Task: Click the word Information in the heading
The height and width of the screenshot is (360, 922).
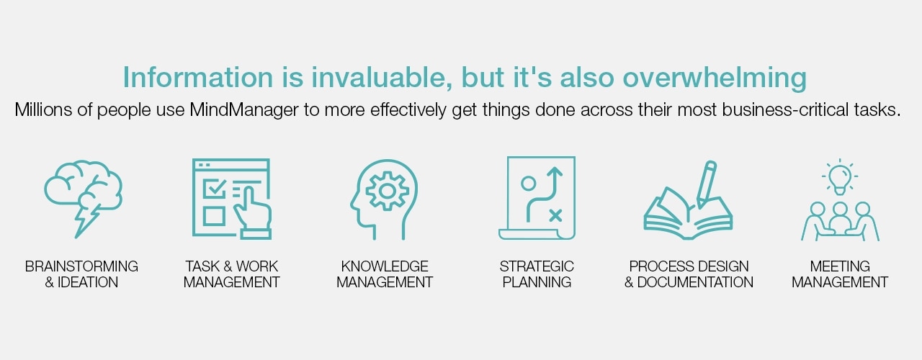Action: point(197,77)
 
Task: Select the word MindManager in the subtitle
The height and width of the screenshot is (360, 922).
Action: point(244,110)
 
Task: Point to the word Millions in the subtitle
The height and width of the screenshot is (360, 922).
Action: point(43,109)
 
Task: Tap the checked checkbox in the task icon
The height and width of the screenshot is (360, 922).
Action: point(214,189)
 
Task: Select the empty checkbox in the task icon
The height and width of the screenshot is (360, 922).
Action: point(214,216)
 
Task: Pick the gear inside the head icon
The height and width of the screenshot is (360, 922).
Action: point(388,192)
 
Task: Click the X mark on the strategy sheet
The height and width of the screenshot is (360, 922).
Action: point(555,215)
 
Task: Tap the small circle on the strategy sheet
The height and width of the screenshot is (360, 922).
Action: point(529,184)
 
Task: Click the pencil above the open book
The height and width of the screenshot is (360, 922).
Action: point(707,184)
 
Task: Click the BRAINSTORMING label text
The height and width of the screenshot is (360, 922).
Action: point(81,266)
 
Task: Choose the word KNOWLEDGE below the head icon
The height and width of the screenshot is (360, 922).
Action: point(385,266)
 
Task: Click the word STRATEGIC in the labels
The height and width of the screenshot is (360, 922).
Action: point(537,266)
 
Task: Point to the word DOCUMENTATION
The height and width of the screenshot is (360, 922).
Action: point(695,282)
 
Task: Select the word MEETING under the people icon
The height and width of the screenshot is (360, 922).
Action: point(840,266)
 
